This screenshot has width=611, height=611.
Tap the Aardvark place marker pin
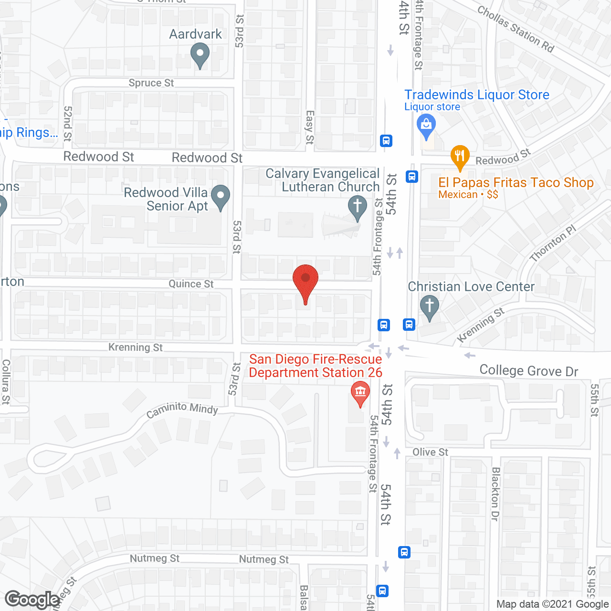[x=200, y=54]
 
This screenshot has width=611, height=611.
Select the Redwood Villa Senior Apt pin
[x=220, y=197]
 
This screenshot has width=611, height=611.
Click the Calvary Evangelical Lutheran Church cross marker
[x=358, y=208]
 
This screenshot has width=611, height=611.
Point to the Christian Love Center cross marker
[x=430, y=306]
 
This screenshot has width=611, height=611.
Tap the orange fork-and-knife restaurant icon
[x=460, y=157]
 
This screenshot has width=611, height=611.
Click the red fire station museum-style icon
[x=360, y=393]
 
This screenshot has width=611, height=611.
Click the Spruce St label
[x=151, y=83]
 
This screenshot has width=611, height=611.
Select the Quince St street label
[x=191, y=284]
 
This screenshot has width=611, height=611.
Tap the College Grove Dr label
[x=529, y=371]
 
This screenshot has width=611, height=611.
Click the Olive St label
[x=431, y=452]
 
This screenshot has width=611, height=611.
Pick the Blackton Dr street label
[x=495, y=494]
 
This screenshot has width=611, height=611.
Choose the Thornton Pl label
[x=553, y=243]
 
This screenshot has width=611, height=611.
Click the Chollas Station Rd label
[x=516, y=29]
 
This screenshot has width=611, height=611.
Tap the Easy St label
[x=310, y=127]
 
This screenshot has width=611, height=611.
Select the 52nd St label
[x=68, y=124]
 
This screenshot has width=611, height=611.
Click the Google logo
[x=32, y=600]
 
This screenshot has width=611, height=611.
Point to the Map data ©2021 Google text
[x=553, y=604]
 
